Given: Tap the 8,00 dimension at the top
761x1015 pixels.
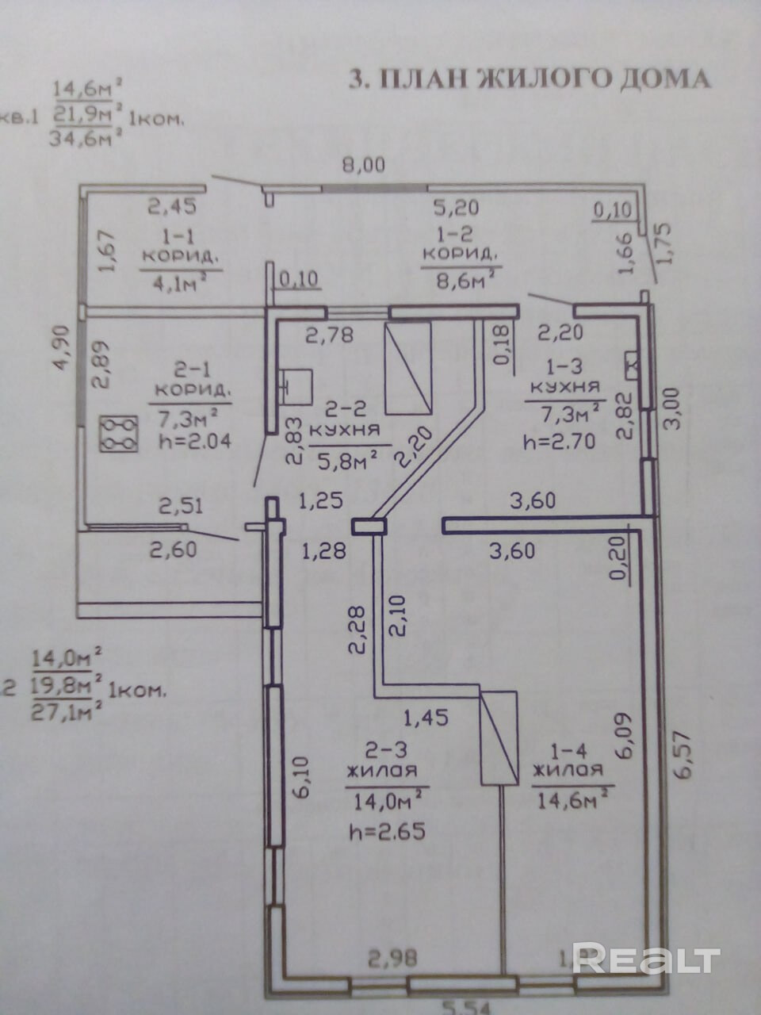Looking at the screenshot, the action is (362, 166).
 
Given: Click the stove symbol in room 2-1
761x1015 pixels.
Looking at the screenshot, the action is (118, 434).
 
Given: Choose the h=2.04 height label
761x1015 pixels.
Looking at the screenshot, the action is (194, 442).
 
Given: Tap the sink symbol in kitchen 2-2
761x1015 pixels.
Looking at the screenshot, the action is (295, 386).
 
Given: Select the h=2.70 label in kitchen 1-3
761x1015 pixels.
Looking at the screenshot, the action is (558, 442).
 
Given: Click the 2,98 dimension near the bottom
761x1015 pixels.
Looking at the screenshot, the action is (393, 959).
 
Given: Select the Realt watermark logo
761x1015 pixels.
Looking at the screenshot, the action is (645, 959).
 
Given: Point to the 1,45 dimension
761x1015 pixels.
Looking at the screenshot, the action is (426, 718).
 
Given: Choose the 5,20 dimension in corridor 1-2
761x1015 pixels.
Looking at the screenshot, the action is (456, 208).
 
